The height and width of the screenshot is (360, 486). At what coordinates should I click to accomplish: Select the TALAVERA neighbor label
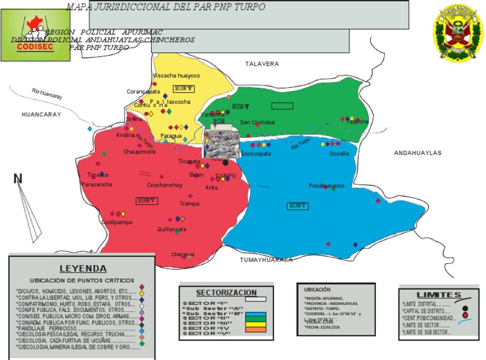click(x=262, y=64)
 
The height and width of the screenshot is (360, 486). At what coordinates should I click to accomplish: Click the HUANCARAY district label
click(x=41, y=115)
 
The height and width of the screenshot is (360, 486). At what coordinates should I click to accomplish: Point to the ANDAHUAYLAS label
click(x=418, y=153)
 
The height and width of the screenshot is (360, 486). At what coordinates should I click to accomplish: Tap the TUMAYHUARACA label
click(x=266, y=260)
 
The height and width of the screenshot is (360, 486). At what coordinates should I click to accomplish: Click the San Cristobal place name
click(x=258, y=122)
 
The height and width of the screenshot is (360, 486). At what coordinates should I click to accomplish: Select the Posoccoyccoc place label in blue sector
click(x=327, y=186)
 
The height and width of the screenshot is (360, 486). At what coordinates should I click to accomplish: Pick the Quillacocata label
click(x=171, y=230)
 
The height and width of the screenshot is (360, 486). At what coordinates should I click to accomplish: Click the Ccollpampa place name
click(x=116, y=222)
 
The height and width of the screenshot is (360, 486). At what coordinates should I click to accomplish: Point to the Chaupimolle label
click(x=139, y=152)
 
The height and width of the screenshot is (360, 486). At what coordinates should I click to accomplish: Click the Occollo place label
click(x=339, y=153)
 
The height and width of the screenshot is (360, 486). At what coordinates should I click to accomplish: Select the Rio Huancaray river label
click(x=47, y=94)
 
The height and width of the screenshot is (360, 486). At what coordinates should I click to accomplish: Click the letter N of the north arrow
click(x=18, y=179)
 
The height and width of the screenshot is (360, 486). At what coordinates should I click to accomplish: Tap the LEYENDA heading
click(x=82, y=268)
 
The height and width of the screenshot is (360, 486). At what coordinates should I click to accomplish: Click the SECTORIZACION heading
click(x=226, y=293)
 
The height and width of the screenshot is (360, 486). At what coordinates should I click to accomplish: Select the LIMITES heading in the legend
click(x=439, y=295)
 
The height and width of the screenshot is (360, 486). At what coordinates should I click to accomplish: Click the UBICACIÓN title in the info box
click(x=318, y=290)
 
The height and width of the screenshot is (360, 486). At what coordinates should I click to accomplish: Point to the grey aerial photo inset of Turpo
click(x=220, y=144)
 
